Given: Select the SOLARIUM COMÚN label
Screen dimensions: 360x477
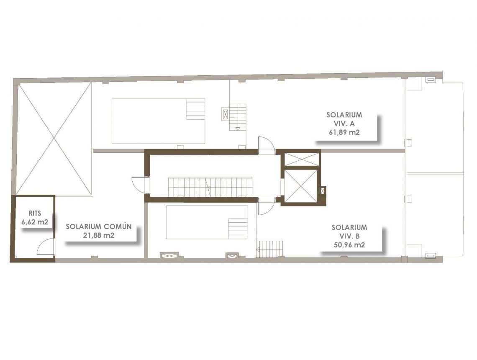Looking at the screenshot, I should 99,226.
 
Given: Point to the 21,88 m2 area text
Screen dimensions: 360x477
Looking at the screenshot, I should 99,235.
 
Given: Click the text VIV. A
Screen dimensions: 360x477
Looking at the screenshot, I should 344,123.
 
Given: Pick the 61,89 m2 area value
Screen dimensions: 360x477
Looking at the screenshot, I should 344,132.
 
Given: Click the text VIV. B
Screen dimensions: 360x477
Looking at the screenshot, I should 349,236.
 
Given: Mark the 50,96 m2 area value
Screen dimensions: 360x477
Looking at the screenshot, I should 349,245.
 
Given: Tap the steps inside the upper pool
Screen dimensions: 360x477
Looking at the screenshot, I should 195,109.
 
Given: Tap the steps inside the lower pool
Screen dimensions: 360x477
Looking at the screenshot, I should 238,228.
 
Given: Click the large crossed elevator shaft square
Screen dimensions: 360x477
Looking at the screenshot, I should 300,185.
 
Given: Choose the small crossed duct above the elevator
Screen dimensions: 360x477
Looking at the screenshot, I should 301,159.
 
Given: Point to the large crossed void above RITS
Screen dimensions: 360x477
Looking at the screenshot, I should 54,138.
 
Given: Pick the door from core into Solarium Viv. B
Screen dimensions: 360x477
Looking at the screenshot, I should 265,206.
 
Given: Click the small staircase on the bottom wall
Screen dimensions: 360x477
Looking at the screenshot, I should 270,249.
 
